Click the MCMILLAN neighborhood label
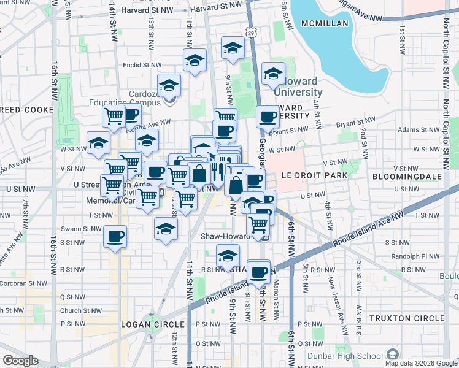325,23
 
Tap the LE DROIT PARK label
314,175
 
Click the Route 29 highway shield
252,32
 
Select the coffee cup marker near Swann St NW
115,236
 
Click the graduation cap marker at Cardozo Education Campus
168,86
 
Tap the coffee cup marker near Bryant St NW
267,115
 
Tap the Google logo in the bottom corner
20,360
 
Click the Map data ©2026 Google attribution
421,363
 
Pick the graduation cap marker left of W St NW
98,144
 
